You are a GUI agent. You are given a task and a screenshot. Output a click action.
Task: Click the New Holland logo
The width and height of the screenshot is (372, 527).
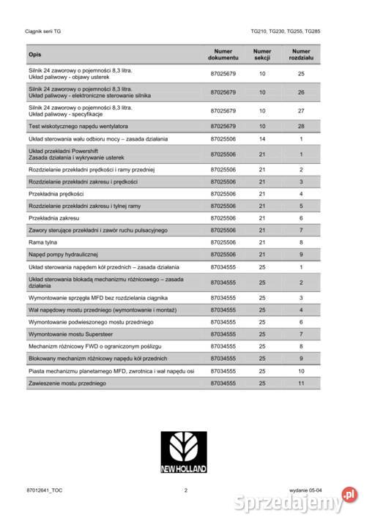pyautogui.click(x=185, y=453)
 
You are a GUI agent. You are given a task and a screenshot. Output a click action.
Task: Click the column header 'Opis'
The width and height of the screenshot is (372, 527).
pyautogui.click(x=35, y=55)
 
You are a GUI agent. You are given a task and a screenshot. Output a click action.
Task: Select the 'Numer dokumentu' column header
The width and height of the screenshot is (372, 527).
pyautogui.click(x=223, y=55)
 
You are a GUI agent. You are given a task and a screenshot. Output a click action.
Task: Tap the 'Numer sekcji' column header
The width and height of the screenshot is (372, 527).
pyautogui.click(x=261, y=55)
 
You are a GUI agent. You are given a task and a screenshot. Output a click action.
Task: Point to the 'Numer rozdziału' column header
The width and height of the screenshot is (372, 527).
pyautogui.click(x=301, y=55)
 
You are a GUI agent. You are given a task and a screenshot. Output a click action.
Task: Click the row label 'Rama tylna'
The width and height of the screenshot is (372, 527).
pyautogui.click(x=43, y=242)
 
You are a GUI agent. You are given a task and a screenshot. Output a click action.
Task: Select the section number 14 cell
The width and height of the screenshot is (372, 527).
pyautogui.click(x=261, y=138)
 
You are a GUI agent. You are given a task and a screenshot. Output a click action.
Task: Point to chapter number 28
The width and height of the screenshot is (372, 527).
pyautogui.click(x=301, y=126)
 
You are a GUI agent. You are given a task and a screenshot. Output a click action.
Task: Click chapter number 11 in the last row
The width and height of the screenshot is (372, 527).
pyautogui.click(x=301, y=383)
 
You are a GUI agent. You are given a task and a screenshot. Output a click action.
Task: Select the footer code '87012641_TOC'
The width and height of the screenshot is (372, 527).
pyautogui.click(x=44, y=490)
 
